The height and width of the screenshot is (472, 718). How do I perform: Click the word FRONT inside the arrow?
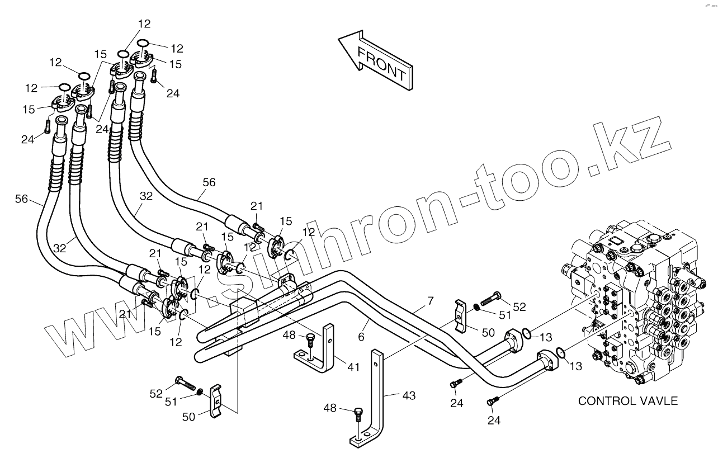[x=381, y=64]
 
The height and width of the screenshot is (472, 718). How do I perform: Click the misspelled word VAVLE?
[x=659, y=401]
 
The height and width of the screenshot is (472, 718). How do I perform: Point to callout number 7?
[x=430, y=301]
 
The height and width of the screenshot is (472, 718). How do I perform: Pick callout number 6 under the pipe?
[x=361, y=337]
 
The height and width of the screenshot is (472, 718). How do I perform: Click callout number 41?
[x=353, y=367]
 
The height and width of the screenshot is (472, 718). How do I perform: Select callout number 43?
[x=409, y=395]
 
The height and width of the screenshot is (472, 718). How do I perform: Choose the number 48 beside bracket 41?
[x=289, y=336]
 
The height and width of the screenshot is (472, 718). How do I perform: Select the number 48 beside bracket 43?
[x=330, y=408]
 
